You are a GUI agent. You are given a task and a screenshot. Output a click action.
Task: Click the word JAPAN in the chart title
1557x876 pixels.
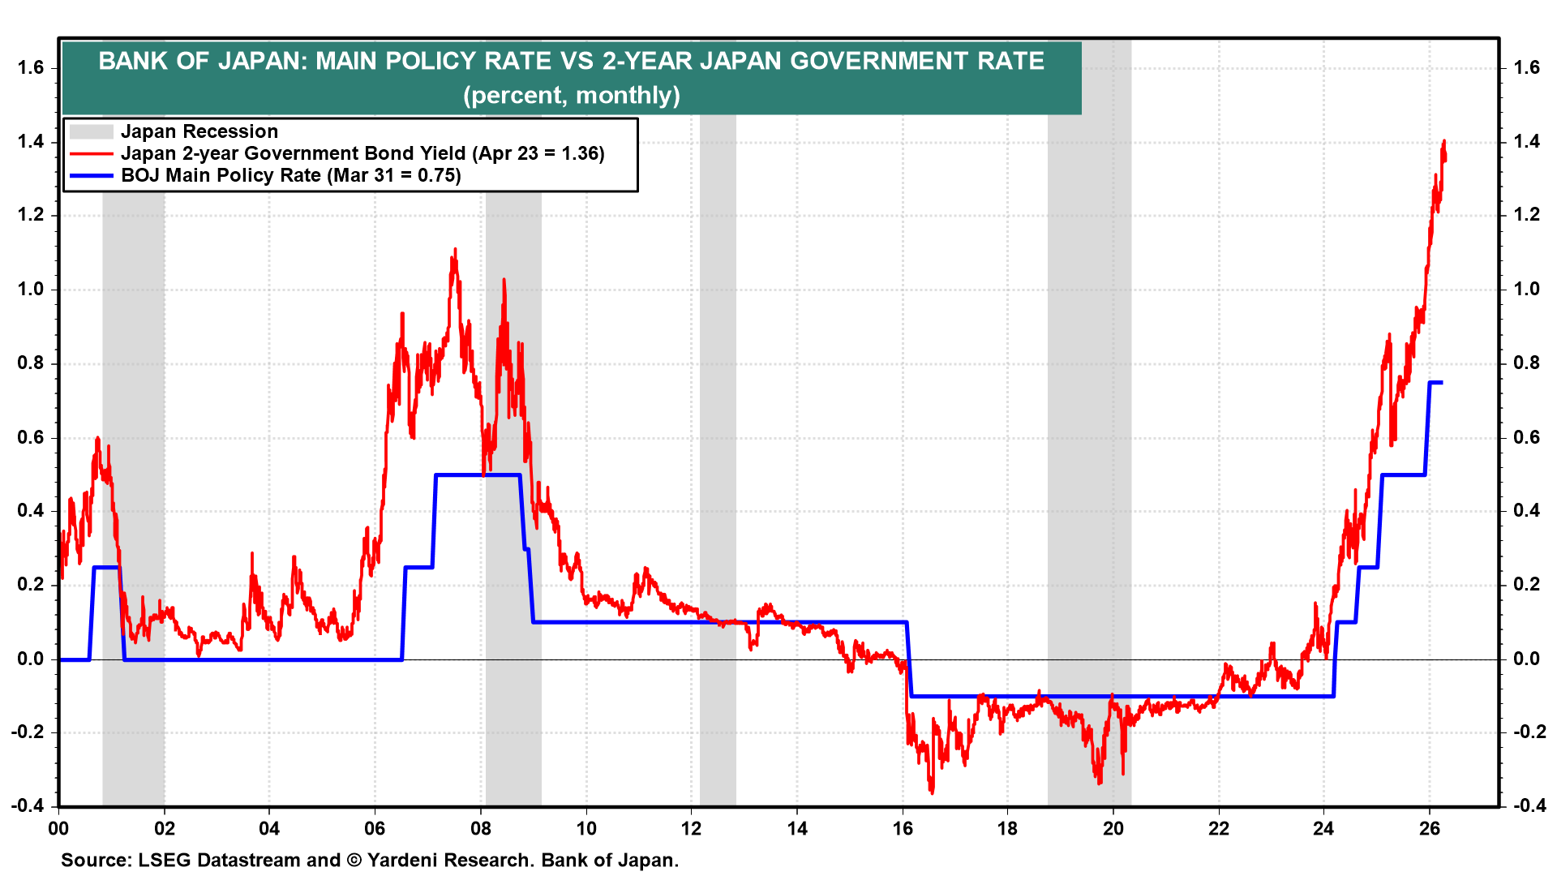[x=259, y=62]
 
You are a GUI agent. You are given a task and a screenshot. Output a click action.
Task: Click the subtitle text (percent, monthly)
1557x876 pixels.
[x=572, y=96]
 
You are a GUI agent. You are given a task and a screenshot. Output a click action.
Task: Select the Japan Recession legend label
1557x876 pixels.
[x=199, y=131]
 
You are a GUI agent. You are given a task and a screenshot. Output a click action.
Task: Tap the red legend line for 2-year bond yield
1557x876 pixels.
[x=91, y=153]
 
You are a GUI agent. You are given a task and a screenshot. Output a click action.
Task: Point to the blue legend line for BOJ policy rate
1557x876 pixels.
[x=91, y=175]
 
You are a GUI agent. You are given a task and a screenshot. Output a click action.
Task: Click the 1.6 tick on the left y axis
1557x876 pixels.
[x=31, y=68]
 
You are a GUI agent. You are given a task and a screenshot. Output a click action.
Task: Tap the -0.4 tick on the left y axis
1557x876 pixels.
[x=28, y=805]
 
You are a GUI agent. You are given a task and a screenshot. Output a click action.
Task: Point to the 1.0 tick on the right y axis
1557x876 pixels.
[x=1527, y=290]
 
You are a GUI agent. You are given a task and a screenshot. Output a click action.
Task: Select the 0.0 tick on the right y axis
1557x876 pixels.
[x=1527, y=659]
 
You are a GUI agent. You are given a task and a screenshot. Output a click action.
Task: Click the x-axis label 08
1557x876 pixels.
[x=481, y=828]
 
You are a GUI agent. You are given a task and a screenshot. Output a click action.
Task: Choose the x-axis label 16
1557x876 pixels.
[x=903, y=828]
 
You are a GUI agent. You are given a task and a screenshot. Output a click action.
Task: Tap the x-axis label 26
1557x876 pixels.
[x=1430, y=828]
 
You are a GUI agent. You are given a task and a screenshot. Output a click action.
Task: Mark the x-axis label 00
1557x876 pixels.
[x=58, y=828]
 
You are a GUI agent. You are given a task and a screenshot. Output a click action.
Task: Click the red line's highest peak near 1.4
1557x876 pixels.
[x=1444, y=142]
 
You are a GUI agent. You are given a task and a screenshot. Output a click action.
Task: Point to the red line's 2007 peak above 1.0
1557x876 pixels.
[x=455, y=250]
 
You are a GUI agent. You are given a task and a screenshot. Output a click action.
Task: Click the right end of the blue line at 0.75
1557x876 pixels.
[x=1441, y=383]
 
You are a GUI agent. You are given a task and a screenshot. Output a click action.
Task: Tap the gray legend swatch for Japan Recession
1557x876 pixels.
[x=91, y=131]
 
